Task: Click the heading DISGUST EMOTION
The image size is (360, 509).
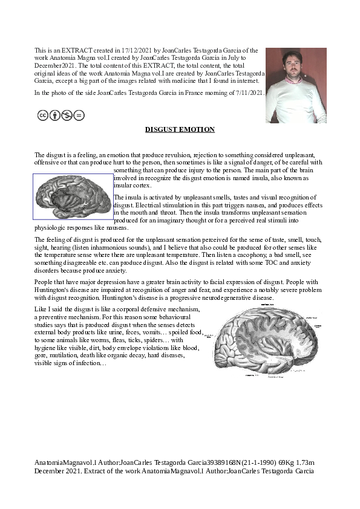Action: (180, 129)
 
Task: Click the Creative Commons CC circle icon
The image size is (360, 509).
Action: (43, 115)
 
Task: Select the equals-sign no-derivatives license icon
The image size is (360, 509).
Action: (79, 115)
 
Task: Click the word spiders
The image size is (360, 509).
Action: (145, 341)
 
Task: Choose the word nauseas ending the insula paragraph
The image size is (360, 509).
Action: (117, 229)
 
